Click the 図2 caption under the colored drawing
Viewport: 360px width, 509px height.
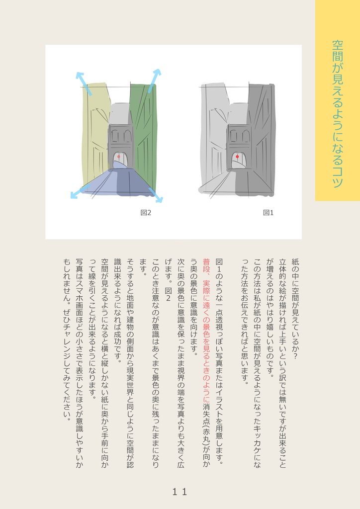pyautogui.click(x=146, y=213)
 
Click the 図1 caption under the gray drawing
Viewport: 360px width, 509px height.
pyautogui.click(x=269, y=213)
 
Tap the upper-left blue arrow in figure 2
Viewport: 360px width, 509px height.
pyautogui.click(x=84, y=83)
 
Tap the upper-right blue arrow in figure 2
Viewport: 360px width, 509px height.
pyautogui.click(x=154, y=81)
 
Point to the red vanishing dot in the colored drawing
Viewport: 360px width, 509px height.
pyautogui.click(x=118, y=157)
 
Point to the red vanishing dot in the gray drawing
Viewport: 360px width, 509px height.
pyautogui.click(x=237, y=157)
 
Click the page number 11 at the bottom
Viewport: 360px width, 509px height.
pyautogui.click(x=180, y=492)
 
